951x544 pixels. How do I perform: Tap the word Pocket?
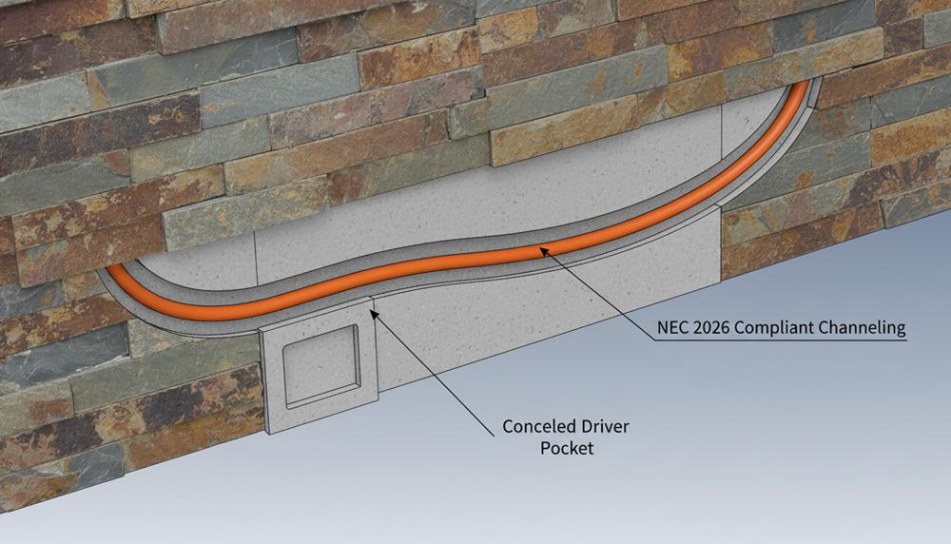pyautogui.click(x=567, y=448)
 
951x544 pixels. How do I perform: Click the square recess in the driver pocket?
pyautogui.click(x=320, y=366)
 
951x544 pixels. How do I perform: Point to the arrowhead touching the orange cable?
pyautogui.click(x=544, y=251)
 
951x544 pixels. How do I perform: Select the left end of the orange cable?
pyautogui.click(x=111, y=268)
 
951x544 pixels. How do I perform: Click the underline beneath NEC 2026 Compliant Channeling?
pyautogui.click(x=781, y=340)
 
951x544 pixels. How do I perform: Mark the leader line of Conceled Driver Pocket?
pyautogui.click(x=435, y=375)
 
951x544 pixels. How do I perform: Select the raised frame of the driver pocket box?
pyautogui.click(x=320, y=366)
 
